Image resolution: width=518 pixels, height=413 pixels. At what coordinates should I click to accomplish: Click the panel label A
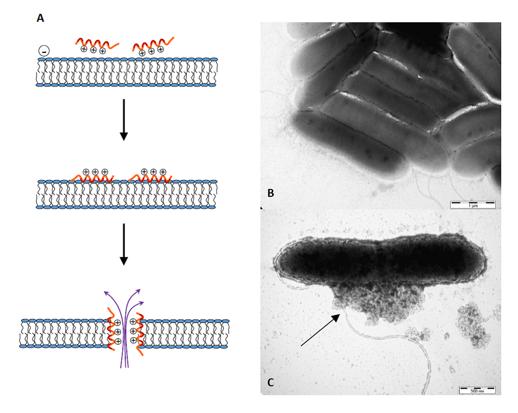[41, 18]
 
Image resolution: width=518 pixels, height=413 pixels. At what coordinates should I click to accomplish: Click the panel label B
[270, 193]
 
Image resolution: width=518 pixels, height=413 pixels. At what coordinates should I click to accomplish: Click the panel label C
[270, 382]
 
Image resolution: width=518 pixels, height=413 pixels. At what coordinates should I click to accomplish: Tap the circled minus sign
[44, 50]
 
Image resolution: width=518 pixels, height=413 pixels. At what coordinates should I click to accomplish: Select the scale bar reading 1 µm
[473, 204]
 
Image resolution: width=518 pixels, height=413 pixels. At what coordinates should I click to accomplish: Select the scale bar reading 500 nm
[477, 389]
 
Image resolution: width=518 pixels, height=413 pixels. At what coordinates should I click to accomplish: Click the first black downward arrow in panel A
[124, 119]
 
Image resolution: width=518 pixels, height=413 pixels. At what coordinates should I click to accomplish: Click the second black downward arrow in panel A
[124, 244]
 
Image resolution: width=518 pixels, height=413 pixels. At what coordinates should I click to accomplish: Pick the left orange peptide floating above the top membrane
[96, 43]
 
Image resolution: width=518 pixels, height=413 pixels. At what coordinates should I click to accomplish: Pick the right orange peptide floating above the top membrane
[153, 44]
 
